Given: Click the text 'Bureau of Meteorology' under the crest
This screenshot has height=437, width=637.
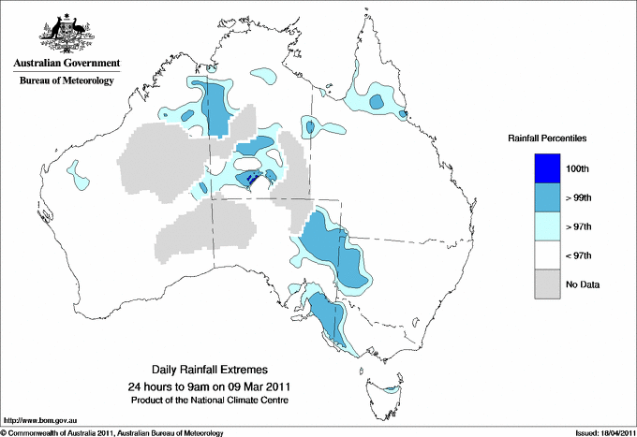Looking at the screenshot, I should [66, 80].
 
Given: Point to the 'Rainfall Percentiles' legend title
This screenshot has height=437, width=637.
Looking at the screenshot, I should [547, 138].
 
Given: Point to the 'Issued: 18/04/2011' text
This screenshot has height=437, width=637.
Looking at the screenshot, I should [598, 431].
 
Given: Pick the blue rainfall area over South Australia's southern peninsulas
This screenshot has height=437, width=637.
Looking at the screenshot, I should [328, 318].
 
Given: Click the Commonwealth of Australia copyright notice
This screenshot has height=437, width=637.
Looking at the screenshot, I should [112, 431].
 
